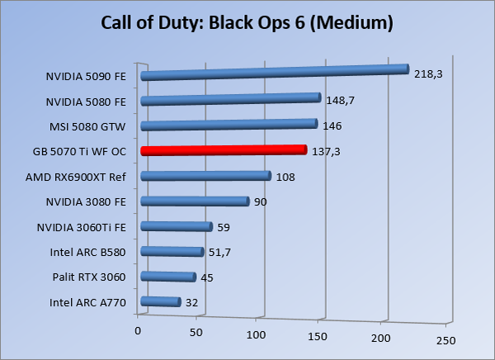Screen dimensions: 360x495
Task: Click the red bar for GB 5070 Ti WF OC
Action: pyautogui.click(x=223, y=150)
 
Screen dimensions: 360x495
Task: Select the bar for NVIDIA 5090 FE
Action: pyautogui.click(x=275, y=73)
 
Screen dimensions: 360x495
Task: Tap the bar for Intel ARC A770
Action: pyautogui.click(x=161, y=302)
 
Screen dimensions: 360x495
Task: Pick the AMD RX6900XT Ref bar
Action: pyautogui.click(x=205, y=176)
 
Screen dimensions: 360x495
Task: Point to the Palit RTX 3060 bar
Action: pyautogui.click(x=168, y=277)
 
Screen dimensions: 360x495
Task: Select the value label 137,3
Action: pyautogui.click(x=327, y=152)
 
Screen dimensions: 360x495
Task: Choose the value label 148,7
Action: pyautogui.click(x=340, y=102)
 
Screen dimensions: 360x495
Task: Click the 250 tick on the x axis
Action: pyautogui.click(x=445, y=340)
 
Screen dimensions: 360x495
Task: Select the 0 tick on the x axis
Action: pyautogui.click(x=138, y=331)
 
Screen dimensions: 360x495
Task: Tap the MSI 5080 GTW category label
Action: pyautogui.click(x=88, y=127)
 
